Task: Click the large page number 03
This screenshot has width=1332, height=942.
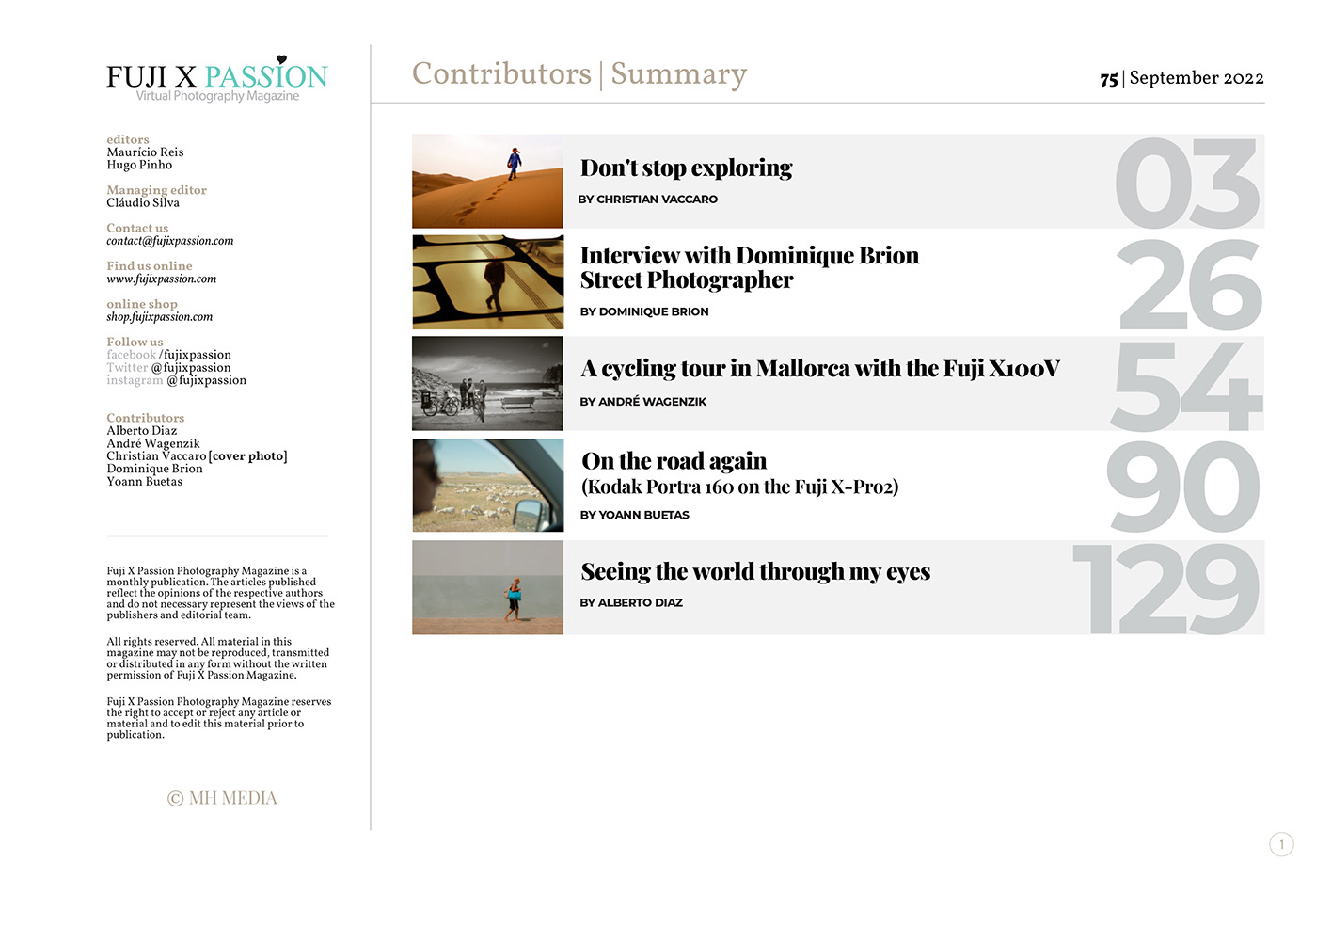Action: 1187,184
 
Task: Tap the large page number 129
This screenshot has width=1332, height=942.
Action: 1166,590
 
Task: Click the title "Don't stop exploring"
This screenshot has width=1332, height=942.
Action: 686,168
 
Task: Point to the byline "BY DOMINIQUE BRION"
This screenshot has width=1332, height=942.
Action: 644,311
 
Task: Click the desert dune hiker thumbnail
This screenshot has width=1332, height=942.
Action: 487,181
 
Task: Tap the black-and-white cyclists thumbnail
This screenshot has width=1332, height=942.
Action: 487,383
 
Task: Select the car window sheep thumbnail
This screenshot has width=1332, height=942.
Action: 487,485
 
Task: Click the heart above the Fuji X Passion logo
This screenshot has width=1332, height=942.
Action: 281,59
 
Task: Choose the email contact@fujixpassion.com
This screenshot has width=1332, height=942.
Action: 169,241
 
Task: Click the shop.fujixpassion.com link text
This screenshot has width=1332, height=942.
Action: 159,317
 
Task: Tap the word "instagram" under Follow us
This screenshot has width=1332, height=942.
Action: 135,380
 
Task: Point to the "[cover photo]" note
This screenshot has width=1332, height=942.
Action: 248,456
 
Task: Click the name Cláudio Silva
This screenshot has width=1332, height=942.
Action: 143,202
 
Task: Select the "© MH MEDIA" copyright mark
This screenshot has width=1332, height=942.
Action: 222,798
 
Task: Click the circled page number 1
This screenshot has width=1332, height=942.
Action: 1281,844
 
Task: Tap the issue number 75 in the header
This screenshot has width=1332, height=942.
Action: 1109,79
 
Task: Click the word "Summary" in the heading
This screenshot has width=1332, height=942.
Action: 678,73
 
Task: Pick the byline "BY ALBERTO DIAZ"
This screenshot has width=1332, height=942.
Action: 631,602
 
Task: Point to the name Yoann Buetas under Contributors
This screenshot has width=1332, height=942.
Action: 145,482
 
